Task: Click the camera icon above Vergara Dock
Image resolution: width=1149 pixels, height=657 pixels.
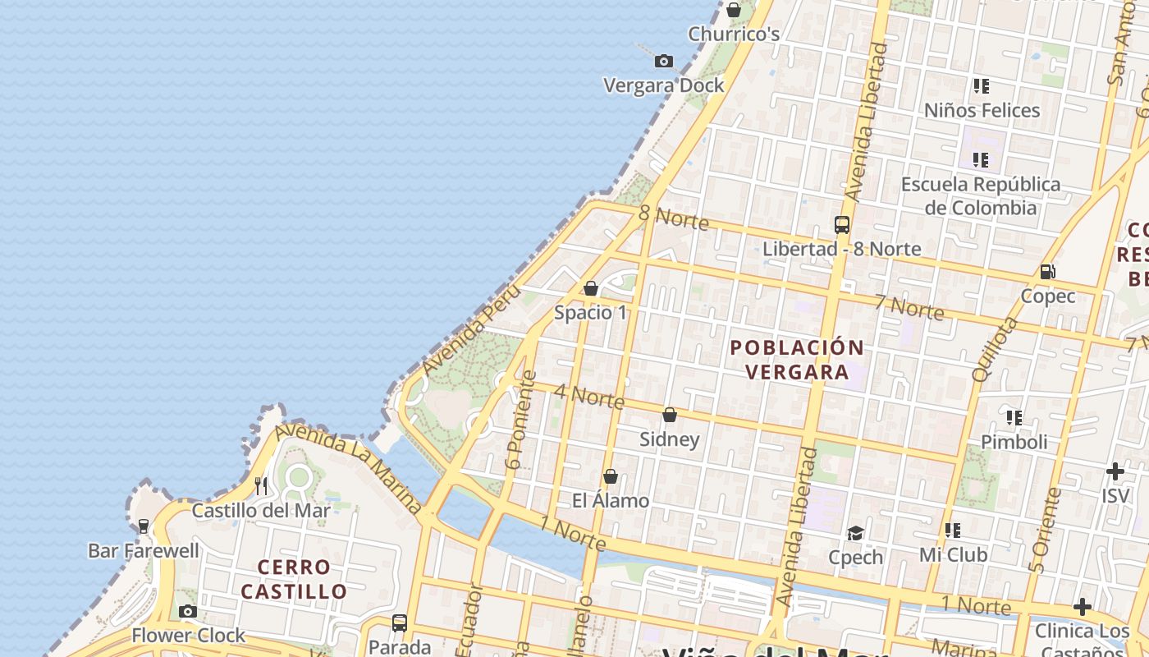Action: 664,61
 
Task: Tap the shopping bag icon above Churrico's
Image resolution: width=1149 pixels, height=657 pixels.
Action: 734,10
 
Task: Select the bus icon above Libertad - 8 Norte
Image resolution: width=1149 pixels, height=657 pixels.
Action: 841,224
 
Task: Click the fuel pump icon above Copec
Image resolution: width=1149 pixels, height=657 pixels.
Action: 1047,271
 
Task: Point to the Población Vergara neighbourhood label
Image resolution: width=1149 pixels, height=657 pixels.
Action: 798,360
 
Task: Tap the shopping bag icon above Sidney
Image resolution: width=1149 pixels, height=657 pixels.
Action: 670,415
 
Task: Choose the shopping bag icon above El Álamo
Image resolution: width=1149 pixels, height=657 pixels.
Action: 610,476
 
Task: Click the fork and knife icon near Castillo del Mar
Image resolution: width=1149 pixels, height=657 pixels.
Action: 261,485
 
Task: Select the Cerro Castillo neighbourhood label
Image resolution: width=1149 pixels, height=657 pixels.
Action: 294,579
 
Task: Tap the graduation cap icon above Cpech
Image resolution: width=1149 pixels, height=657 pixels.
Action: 855,533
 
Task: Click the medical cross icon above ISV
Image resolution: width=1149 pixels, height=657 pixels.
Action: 1115,471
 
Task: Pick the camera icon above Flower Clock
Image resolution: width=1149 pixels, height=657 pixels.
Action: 188,611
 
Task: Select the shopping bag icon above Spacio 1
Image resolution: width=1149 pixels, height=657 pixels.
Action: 590,288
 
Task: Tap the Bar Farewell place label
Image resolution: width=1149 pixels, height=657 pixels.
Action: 144,550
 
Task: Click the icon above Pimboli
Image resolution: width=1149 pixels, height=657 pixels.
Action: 1014,418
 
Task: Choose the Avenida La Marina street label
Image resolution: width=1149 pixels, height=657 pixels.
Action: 349,467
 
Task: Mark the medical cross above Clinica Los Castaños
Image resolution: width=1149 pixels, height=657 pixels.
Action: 1083,607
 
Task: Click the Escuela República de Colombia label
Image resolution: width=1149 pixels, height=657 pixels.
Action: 981,195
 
